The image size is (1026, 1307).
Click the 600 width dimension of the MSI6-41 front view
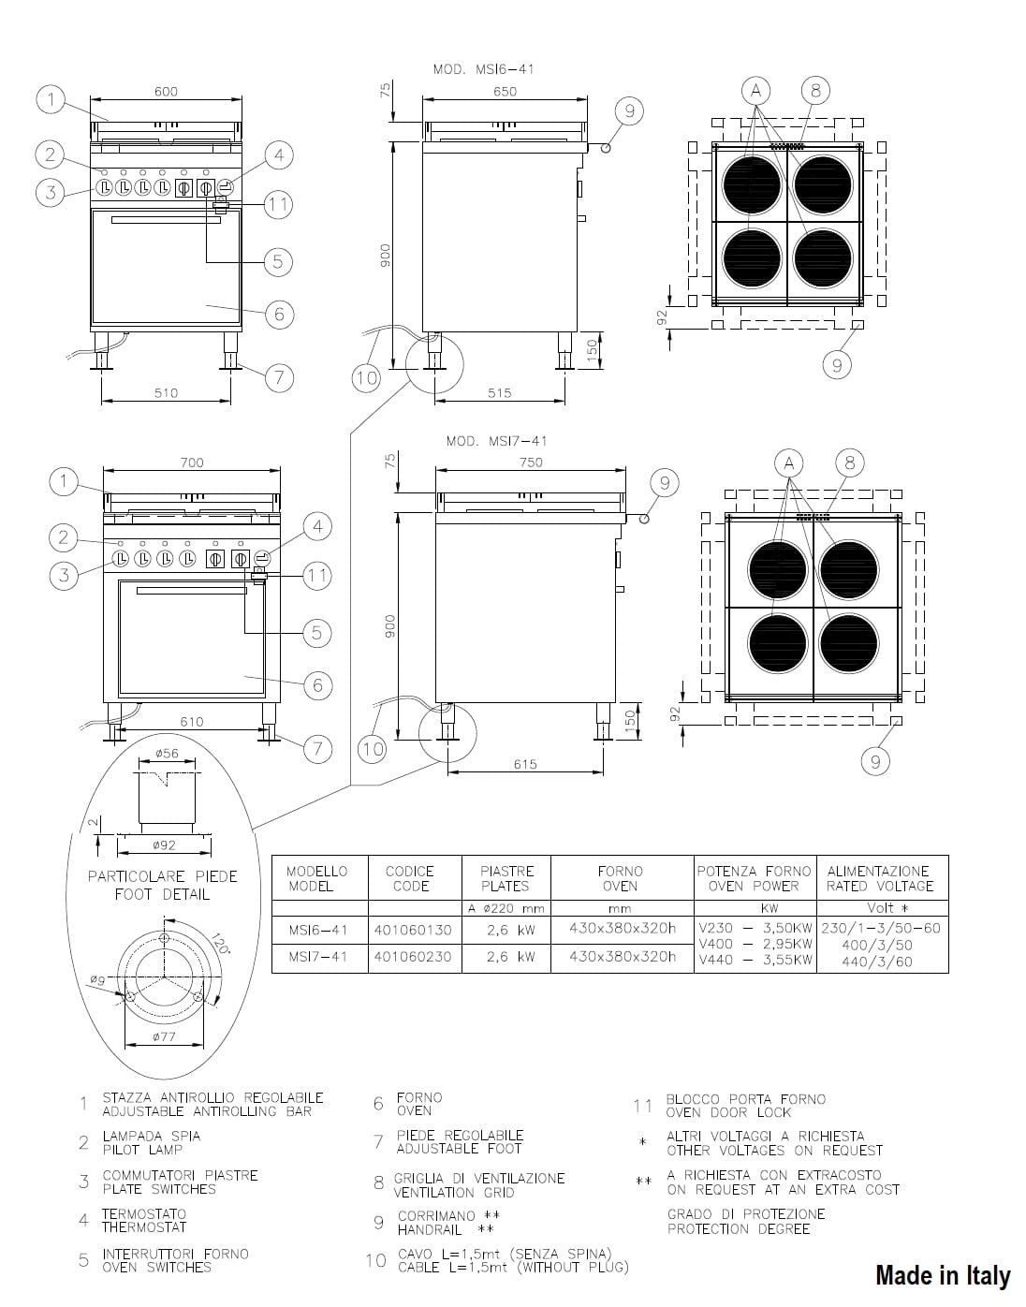coord(166,92)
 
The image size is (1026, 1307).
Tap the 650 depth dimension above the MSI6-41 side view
coord(505,92)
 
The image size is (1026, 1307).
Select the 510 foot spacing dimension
coord(166,393)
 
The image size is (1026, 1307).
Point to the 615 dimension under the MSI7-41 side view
coord(525,764)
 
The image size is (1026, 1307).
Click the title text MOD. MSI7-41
coord(497,441)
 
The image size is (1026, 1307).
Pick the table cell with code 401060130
coord(413,930)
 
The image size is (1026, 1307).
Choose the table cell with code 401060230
coord(413,956)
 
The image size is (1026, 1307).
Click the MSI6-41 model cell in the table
coord(318,930)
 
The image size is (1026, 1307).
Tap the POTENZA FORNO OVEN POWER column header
coord(755,878)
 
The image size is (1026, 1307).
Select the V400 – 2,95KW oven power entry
coord(755,944)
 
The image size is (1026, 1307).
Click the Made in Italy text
coord(943,1274)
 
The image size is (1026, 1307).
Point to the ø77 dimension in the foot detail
coord(164,1036)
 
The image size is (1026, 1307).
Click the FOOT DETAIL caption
coord(162,894)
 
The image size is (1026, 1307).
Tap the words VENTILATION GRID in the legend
coord(454,1192)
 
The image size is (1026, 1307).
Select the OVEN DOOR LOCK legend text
coord(728,1112)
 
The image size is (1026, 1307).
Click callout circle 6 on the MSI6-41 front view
coord(279,314)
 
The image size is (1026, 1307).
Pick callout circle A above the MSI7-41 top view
coord(789,463)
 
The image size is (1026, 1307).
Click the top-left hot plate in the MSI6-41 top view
coord(752,184)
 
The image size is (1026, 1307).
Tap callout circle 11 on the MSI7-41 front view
coord(317,576)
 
